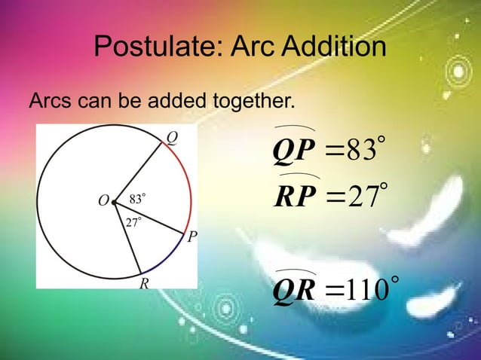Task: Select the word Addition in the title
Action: [x=330, y=50]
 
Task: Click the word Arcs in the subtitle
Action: [x=51, y=100]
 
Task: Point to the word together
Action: [x=249, y=100]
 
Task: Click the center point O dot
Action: [x=114, y=201]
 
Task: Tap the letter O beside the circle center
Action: [x=102, y=201]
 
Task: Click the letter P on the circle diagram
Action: [x=192, y=237]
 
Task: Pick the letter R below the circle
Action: [x=143, y=284]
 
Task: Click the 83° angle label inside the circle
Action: [x=136, y=200]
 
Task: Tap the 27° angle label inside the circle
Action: [x=133, y=221]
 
